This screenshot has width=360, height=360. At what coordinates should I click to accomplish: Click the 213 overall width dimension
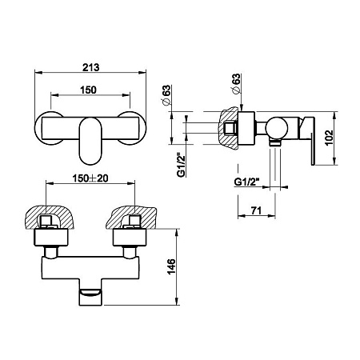point(90,67)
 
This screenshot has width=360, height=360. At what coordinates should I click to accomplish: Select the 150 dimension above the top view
point(88,90)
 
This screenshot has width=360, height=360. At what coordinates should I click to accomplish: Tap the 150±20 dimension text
point(90,178)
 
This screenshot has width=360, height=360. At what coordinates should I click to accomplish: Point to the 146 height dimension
point(171,266)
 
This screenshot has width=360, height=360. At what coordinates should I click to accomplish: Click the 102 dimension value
point(330,138)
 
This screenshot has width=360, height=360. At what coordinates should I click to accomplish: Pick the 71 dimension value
point(256,210)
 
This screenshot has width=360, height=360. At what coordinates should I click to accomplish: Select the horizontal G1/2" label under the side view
point(247,182)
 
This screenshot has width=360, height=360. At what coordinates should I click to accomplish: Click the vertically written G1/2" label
point(182,165)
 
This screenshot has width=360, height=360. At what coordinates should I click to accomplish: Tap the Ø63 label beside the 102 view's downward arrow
point(236,83)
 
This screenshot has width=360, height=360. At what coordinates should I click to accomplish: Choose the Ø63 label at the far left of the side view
point(166,95)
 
